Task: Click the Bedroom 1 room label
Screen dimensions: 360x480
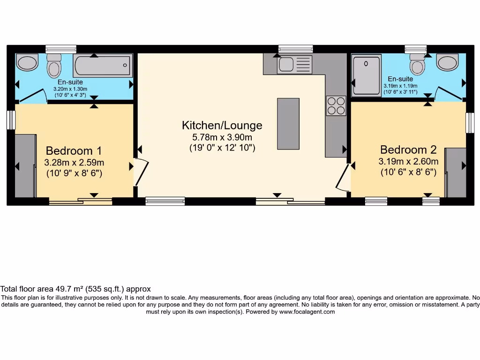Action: click(x=74, y=151)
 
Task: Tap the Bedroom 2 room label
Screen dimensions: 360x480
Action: click(x=408, y=150)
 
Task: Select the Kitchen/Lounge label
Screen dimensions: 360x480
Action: click(x=222, y=126)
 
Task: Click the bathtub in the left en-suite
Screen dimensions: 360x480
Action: click(x=103, y=66)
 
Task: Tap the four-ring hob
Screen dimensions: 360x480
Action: click(x=336, y=105)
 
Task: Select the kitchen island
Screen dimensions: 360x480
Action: click(x=288, y=123)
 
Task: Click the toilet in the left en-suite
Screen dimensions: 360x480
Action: click(x=54, y=65)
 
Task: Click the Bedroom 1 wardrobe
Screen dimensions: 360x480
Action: click(x=25, y=166)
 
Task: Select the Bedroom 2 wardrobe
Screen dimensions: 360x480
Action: click(x=455, y=172)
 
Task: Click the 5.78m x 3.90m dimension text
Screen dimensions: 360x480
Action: click(x=222, y=137)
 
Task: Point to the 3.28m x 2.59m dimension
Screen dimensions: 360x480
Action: click(x=74, y=163)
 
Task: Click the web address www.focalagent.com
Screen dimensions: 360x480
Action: click(x=307, y=312)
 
